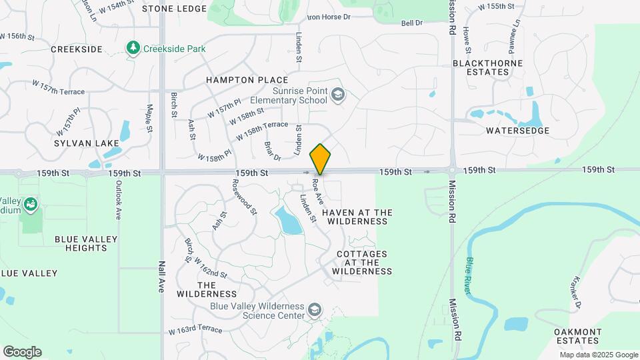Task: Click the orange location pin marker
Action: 320,159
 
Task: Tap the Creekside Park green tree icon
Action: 133,49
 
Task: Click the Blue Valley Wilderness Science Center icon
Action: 315,311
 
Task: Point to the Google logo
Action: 22,352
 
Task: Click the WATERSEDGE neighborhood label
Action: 517,131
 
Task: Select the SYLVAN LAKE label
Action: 87,143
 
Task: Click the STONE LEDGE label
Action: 174,9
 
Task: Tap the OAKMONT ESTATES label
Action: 578,337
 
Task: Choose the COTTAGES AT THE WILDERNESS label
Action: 364,263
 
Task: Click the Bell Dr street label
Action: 412,23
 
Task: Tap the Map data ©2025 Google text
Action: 599,355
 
